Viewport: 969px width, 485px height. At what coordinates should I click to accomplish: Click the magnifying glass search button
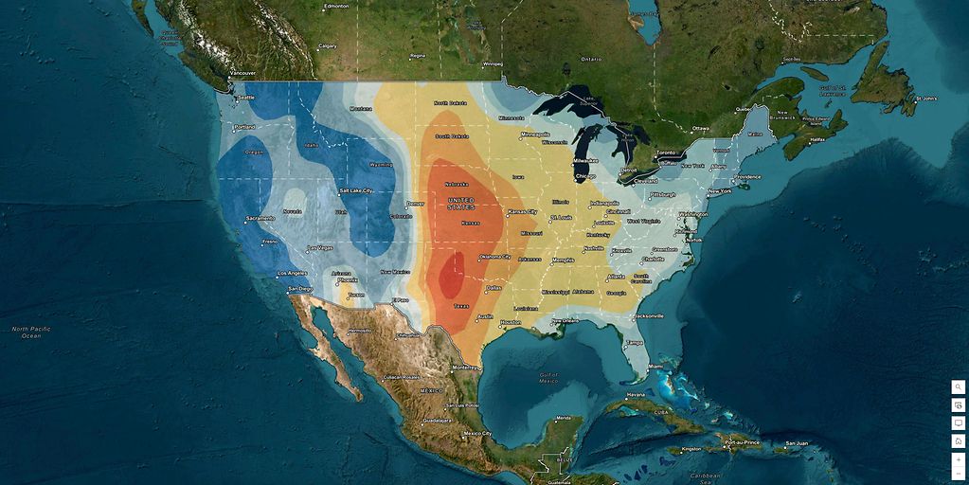(959, 386)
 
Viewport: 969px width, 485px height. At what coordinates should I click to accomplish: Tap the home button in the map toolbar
(959, 440)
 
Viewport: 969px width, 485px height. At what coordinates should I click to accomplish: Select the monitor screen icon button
(959, 422)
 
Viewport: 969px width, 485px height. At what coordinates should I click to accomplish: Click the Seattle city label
(246, 98)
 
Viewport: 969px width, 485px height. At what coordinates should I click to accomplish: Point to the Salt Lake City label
(356, 190)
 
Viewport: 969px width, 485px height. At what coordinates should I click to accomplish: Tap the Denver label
(415, 204)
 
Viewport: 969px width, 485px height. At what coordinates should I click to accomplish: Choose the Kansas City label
(522, 211)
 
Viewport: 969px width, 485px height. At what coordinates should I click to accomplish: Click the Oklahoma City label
(494, 257)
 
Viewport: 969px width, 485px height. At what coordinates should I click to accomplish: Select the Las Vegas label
(320, 248)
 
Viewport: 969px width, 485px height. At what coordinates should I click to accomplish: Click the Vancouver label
(242, 73)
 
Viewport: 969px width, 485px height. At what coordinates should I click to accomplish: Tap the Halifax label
(817, 140)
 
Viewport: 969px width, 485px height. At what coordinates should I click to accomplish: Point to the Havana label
(635, 395)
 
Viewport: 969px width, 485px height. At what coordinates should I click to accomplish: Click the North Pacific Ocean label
(31, 332)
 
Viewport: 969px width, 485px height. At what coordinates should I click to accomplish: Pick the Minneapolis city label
(535, 135)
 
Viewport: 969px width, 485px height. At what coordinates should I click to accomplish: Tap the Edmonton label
(336, 7)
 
